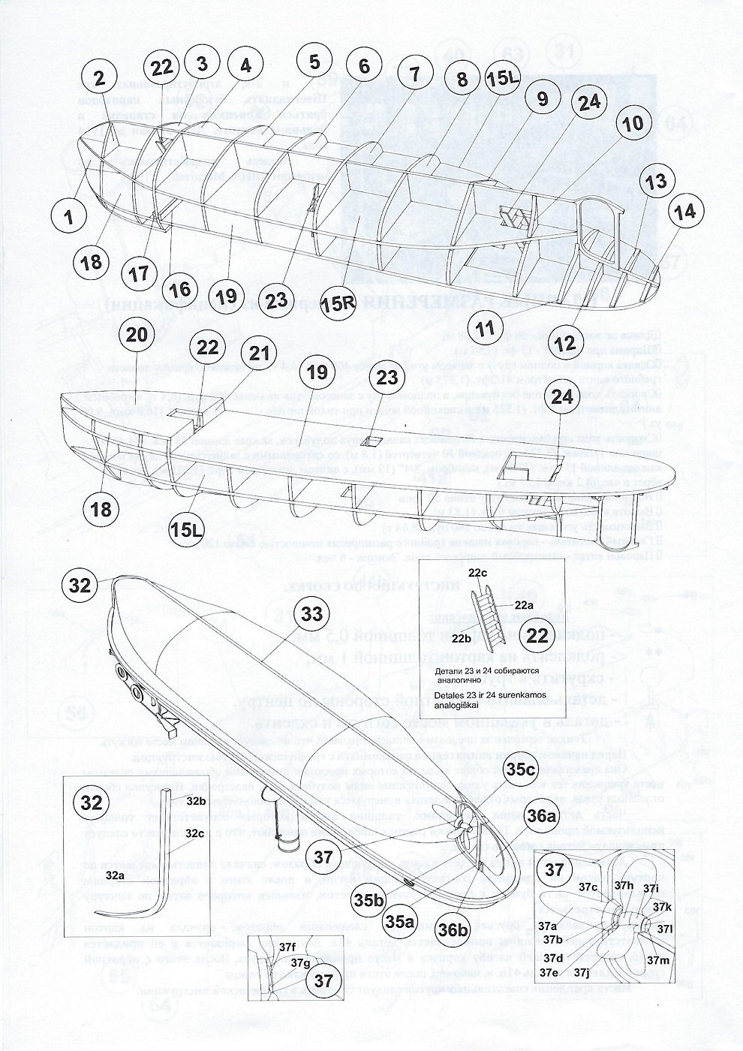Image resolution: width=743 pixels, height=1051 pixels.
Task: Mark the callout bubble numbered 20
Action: [x=136, y=336]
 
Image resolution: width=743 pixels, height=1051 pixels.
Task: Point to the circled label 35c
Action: [x=520, y=769]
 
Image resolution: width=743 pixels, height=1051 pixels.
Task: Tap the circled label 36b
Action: [x=454, y=929]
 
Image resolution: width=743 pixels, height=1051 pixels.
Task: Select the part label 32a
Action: [x=115, y=875]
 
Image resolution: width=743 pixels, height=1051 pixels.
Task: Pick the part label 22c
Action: [x=499, y=573]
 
